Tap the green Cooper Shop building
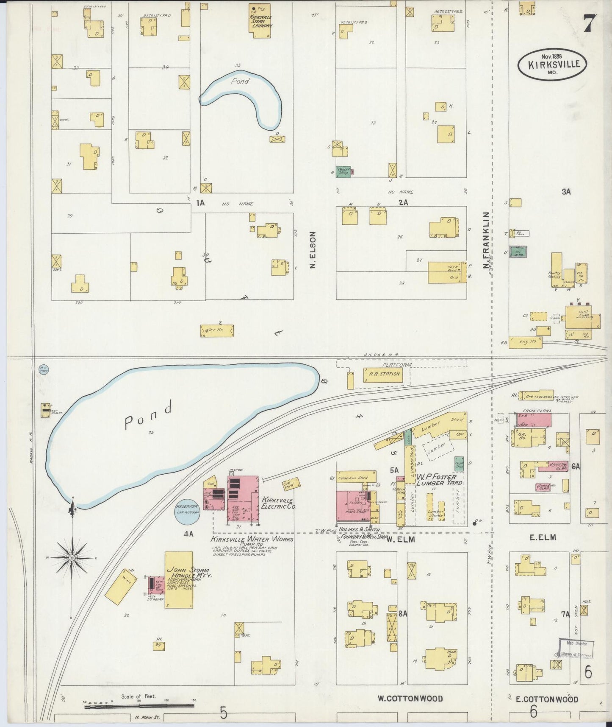point(343,171)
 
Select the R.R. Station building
point(381,374)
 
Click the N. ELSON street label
point(313,250)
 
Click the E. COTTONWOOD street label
point(546,699)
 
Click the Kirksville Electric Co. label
point(278,503)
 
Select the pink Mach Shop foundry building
point(352,507)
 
